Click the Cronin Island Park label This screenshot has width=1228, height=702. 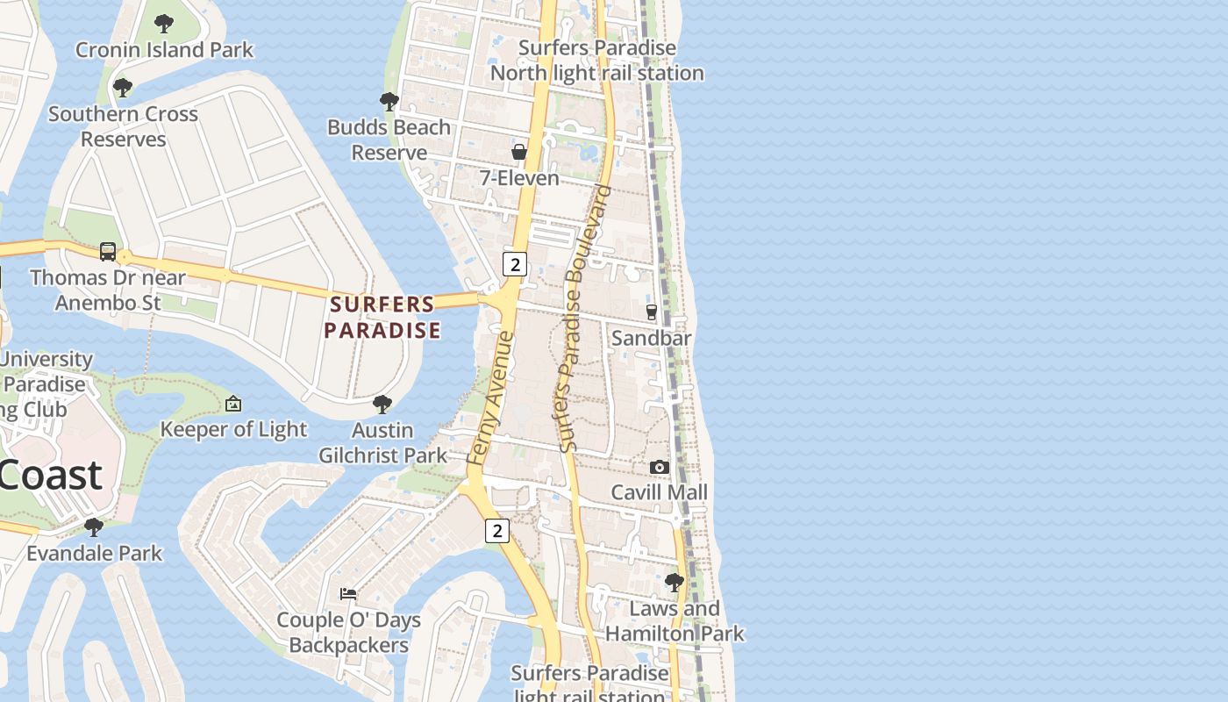[164, 50]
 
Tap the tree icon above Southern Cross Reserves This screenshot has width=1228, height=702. [123, 88]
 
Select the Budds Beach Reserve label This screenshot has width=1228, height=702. [389, 140]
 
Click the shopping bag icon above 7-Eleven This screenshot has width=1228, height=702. [519, 152]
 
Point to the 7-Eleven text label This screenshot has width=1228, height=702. [519, 178]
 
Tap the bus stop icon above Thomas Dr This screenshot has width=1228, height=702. [108, 253]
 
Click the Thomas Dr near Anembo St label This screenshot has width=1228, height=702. [108, 290]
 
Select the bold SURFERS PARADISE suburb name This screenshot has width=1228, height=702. [382, 318]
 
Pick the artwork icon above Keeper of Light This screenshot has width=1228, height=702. [233, 404]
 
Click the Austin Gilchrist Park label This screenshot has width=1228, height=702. [382, 442]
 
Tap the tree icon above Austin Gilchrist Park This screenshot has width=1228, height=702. [382, 405]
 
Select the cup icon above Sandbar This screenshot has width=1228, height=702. [652, 312]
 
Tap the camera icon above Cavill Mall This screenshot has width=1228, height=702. [660, 468]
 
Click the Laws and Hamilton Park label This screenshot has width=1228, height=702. [675, 620]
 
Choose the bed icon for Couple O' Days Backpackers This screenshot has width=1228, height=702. [348, 594]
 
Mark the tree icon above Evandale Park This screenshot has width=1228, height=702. [94, 527]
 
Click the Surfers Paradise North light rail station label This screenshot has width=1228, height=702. [596, 61]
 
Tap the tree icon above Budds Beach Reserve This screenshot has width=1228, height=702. [389, 102]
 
